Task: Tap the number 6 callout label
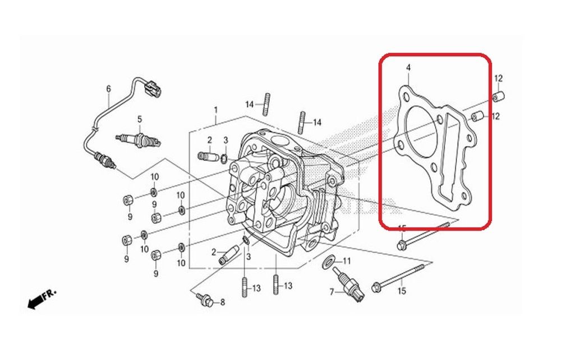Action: point(108,89)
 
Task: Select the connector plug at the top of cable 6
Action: point(152,87)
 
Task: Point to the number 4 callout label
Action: point(408,67)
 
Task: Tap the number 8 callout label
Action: point(222,303)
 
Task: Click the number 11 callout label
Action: point(347,261)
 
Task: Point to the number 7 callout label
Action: point(332,292)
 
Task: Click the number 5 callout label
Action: point(140,119)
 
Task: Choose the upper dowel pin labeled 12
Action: point(497,98)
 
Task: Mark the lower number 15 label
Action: point(402,290)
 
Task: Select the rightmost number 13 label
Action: point(288,286)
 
